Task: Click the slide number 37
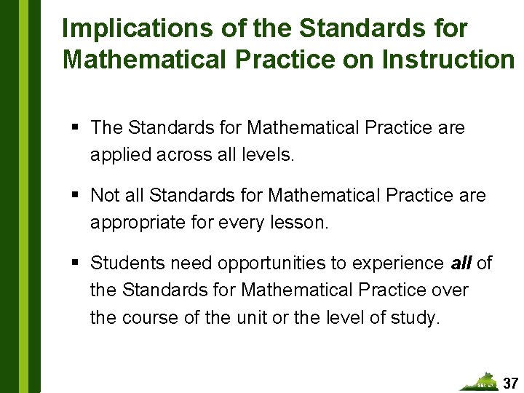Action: click(511, 383)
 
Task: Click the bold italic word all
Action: click(461, 263)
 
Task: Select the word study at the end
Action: click(418, 318)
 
